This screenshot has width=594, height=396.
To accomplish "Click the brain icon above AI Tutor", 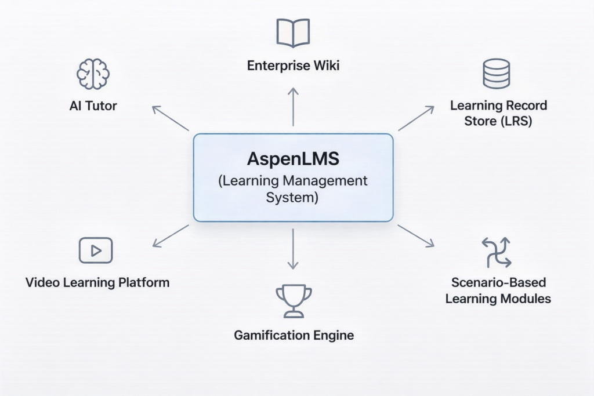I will tap(93, 74).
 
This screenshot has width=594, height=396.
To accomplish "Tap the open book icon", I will tap(293, 32).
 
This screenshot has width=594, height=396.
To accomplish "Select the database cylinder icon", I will tap(496, 74).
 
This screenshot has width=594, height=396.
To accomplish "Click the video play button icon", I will tap(96, 250).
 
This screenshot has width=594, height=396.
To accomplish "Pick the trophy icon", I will tap(294, 300).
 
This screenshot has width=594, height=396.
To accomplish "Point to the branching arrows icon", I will tap(497, 252).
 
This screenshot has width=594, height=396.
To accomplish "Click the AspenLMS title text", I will tap(293, 159).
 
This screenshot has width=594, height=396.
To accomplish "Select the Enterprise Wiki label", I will tap(293, 66).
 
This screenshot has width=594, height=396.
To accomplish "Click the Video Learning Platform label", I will tap(97, 283).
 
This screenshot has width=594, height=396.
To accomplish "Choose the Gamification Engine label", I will tap(294, 335).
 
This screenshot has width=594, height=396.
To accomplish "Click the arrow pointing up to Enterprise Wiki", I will tap(293, 107).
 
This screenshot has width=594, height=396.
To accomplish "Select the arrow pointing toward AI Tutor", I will tap(170, 118).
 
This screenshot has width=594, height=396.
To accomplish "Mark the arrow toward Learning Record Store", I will tap(416, 118).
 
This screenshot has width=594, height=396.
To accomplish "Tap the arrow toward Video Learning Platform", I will tap(171, 236).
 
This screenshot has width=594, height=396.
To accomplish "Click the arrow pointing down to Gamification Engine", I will tap(293, 248).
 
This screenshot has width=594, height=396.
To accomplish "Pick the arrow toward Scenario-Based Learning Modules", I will tap(416, 236).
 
